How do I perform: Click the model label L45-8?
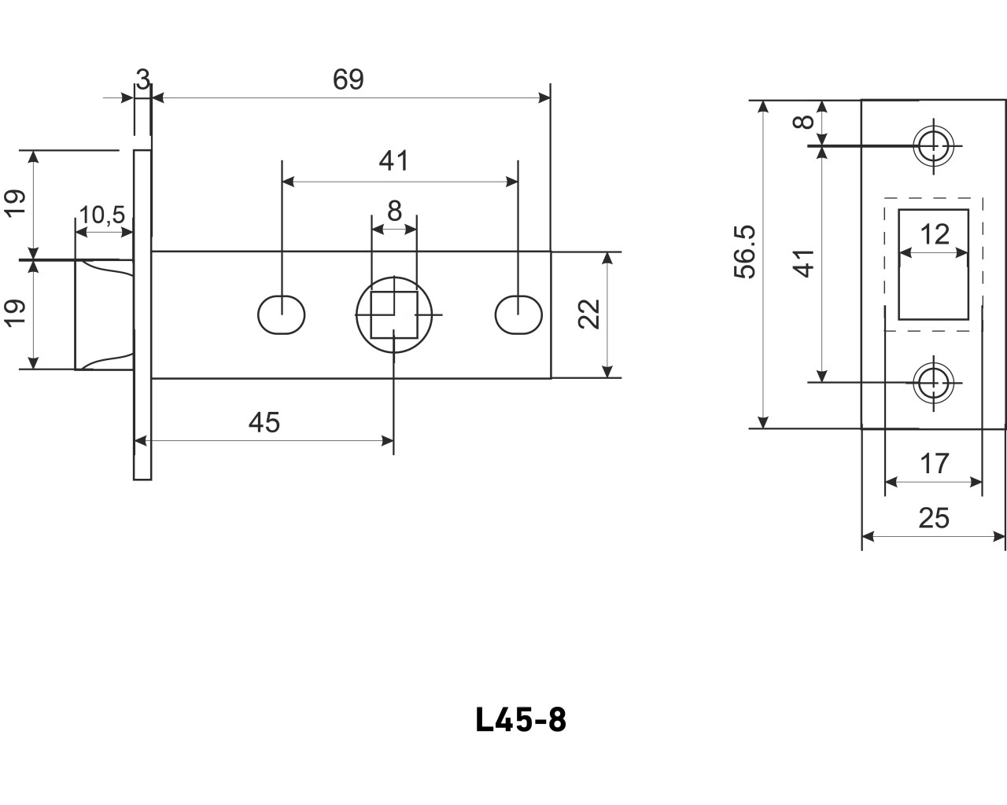[521, 720]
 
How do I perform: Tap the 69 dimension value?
[348, 79]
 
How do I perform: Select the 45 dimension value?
[264, 423]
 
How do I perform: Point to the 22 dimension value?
[592, 314]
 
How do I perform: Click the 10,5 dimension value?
[103, 214]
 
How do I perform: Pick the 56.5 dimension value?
[744, 252]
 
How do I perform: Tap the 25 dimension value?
[934, 518]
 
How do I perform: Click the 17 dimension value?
[934, 464]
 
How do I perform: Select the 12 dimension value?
[935, 234]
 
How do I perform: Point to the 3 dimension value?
[142, 79]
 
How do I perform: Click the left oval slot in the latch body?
[282, 314]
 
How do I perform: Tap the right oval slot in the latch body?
[518, 314]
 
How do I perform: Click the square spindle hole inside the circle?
[393, 314]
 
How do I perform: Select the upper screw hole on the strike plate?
[934, 145]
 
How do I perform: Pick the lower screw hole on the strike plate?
[934, 383]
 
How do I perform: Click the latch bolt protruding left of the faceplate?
[102, 314]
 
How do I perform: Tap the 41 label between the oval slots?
[394, 161]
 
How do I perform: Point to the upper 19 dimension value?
[17, 203]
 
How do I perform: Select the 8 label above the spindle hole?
[394, 211]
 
